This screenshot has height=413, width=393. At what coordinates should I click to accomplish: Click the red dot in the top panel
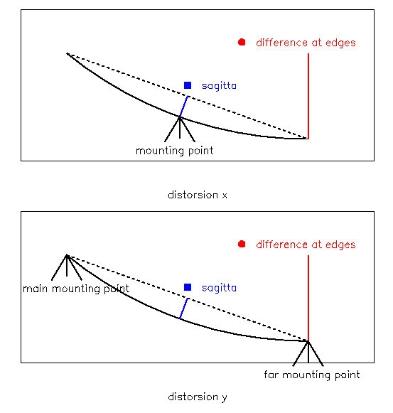242,42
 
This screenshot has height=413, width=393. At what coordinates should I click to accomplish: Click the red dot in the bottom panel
242,244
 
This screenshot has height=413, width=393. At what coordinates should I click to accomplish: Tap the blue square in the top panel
188,85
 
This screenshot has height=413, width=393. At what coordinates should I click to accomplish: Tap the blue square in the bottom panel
188,287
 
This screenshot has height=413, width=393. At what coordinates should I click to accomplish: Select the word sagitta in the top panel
219,86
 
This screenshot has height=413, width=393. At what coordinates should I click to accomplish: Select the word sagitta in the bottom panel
219,288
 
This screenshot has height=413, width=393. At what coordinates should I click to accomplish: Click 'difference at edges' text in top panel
306,43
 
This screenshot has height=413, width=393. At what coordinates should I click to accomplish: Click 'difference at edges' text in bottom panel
306,245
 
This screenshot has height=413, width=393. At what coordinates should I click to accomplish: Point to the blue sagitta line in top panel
183,107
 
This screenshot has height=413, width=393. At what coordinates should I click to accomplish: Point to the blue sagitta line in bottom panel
183,309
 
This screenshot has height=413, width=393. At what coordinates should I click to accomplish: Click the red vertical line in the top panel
308,96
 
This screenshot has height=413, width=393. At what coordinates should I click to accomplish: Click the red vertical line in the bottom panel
308,298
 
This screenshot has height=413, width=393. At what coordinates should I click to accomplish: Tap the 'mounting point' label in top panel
174,151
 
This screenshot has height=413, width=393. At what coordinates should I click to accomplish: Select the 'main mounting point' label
76,289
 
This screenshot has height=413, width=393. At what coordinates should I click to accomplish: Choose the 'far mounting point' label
312,375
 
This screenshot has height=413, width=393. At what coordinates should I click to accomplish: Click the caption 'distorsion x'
198,195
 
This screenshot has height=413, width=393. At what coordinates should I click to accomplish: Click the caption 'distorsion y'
198,397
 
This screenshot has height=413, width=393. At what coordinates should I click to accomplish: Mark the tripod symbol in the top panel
180,129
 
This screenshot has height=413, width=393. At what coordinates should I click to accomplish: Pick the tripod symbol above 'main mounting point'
67,267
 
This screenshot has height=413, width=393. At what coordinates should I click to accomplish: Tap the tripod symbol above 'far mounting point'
308,353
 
